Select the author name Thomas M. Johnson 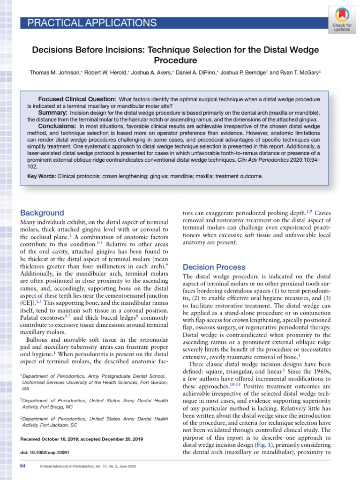pyautogui.click(x=55, y=73)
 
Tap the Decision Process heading pyautogui.click(x=214, y=267)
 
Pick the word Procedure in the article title pyautogui.click(x=175, y=60)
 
